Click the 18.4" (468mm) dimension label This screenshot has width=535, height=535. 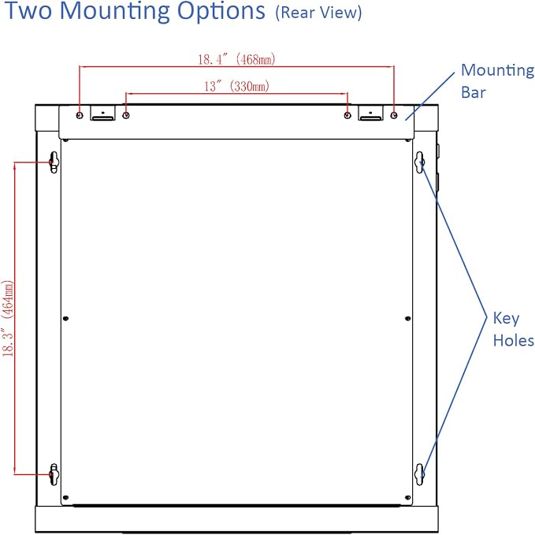pyautogui.click(x=236, y=59)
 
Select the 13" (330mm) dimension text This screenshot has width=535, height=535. pyautogui.click(x=236, y=86)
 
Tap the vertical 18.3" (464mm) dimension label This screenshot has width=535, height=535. pyautogui.click(x=8, y=319)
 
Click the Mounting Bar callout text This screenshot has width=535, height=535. pyautogui.click(x=497, y=81)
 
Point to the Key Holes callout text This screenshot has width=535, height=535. pyautogui.click(x=514, y=329)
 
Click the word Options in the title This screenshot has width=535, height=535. pyautogui.click(x=221, y=11)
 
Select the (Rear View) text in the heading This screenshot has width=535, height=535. pyautogui.click(x=318, y=13)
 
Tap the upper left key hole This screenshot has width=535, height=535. pyautogui.click(x=54, y=162)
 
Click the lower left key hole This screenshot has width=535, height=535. pyautogui.click(x=54, y=474)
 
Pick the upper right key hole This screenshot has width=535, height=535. pyautogui.click(x=420, y=162)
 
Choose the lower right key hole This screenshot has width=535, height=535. pyautogui.click(x=420, y=474)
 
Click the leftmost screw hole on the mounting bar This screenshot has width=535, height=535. pyautogui.click(x=80, y=115)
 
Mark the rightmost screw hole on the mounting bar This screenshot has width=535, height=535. pyautogui.click(x=394, y=115)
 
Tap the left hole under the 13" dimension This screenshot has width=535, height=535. pyautogui.click(x=126, y=115)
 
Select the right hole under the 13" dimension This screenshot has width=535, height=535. pyautogui.click(x=347, y=115)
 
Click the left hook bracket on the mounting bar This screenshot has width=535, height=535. pyautogui.click(x=102, y=113)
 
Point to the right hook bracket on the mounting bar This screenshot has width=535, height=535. pyautogui.click(x=370, y=113)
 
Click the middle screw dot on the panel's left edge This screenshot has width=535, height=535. pyautogui.click(x=66, y=319)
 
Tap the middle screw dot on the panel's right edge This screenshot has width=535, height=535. pyautogui.click(x=407, y=319)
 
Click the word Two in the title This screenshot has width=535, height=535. pyautogui.click(x=28, y=10)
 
